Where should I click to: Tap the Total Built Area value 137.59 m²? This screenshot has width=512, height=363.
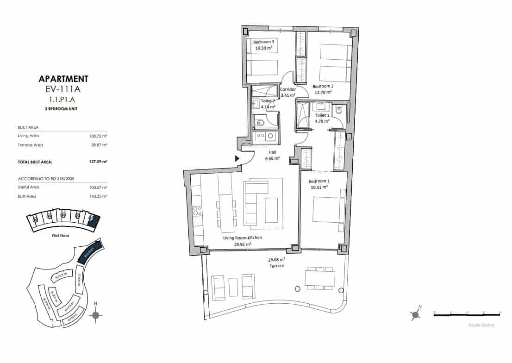coord(98,162)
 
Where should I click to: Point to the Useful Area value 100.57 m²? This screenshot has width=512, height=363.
coord(98,187)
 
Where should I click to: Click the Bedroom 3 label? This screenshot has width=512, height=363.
coord(263,42)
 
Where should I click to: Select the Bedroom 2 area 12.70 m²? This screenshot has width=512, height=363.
coord(323,92)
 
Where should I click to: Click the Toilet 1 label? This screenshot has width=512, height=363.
coord(322,115)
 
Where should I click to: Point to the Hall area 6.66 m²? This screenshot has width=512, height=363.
coord(272,158)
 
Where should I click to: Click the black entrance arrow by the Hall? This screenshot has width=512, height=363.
coord(237,158)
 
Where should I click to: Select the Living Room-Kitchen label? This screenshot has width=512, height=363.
coord(243,238)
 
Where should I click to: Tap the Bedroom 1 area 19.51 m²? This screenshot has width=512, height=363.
coord(318,187)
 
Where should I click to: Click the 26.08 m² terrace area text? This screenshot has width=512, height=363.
coord(276,260)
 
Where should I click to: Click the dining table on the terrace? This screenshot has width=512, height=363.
coord(319,278)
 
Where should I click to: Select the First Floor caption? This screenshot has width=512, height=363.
coord(62,236)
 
